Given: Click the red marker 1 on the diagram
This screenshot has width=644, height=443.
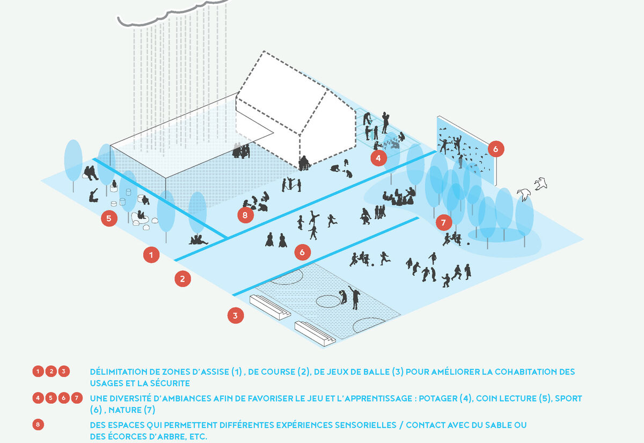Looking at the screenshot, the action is tap(151, 255).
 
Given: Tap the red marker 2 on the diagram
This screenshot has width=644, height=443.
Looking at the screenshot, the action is tap(182, 279).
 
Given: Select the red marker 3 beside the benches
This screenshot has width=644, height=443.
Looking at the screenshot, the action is tap(236, 316).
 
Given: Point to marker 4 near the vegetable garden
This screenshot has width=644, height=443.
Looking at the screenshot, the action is tap(378, 158).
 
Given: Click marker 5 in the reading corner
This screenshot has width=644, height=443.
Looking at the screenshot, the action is tap(109, 219).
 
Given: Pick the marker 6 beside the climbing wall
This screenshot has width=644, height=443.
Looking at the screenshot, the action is tap(496, 149).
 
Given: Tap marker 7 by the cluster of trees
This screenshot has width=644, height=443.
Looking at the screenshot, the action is tap(444, 222).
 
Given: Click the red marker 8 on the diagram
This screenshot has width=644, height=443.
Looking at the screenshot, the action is tap(245, 215).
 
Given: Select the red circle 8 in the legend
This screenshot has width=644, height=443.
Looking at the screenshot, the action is tap(38, 425).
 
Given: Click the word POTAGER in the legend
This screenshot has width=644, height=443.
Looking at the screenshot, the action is tap(438, 398).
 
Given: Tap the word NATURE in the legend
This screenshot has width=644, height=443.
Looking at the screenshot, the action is tap(125, 410).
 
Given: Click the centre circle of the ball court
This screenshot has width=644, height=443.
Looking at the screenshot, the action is tap(328, 301).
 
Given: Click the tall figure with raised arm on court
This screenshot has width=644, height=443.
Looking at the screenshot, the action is tap(355, 297).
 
